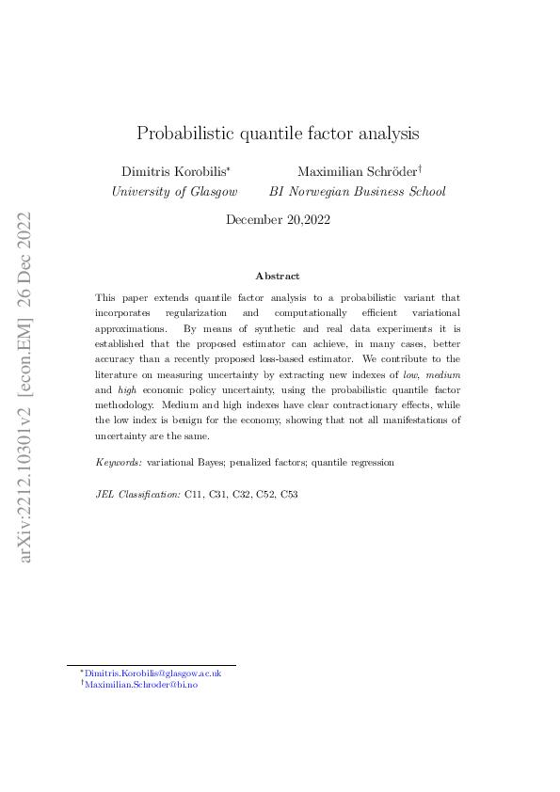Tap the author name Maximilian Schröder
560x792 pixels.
pyautogui.click(x=356, y=172)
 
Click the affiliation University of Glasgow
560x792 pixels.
pyautogui.click(x=175, y=191)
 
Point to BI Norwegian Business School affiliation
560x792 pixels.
pyautogui.click(x=358, y=191)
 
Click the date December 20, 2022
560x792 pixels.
pyautogui.click(x=279, y=219)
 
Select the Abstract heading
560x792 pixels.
pyautogui.click(x=278, y=276)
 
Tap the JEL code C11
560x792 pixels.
pyautogui.click(x=194, y=493)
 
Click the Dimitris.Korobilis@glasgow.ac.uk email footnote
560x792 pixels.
pyautogui.click(x=153, y=673)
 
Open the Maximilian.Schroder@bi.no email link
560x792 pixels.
pyautogui.click(x=141, y=685)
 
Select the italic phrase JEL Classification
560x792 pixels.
pyautogui.click(x=137, y=493)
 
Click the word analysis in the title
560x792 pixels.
pyautogui.click(x=384, y=133)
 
